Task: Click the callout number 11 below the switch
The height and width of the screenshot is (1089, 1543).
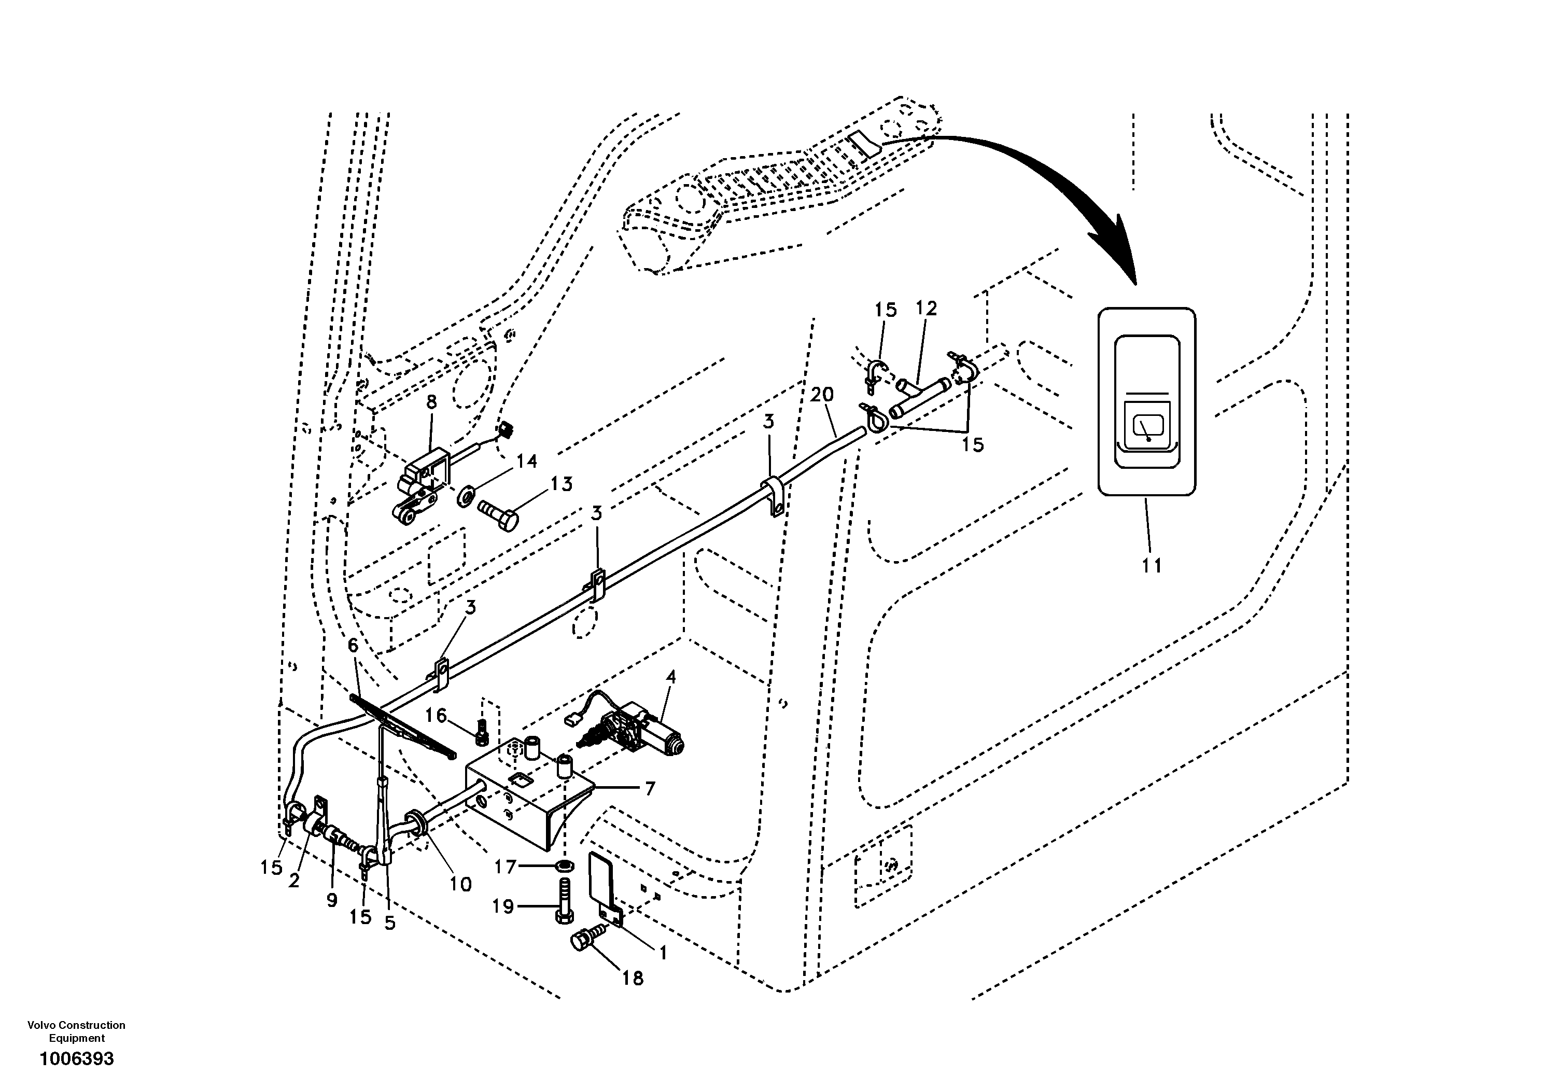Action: pos(1151,566)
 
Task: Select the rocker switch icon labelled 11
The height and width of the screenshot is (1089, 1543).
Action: pos(1146,402)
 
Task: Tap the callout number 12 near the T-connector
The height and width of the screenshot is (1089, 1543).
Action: pos(926,309)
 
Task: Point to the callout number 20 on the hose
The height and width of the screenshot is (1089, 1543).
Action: pos(821,395)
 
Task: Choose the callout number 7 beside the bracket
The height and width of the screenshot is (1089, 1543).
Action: pos(649,789)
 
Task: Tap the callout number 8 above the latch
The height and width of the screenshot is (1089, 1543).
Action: pos(431,402)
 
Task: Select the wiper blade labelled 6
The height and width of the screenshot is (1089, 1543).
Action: pos(403,726)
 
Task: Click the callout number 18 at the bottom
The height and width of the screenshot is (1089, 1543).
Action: pos(633,978)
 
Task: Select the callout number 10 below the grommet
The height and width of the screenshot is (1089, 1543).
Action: pos(460,885)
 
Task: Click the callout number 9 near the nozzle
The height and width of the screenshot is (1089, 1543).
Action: pos(331,900)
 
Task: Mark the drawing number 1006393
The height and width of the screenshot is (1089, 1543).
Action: pos(77,1059)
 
